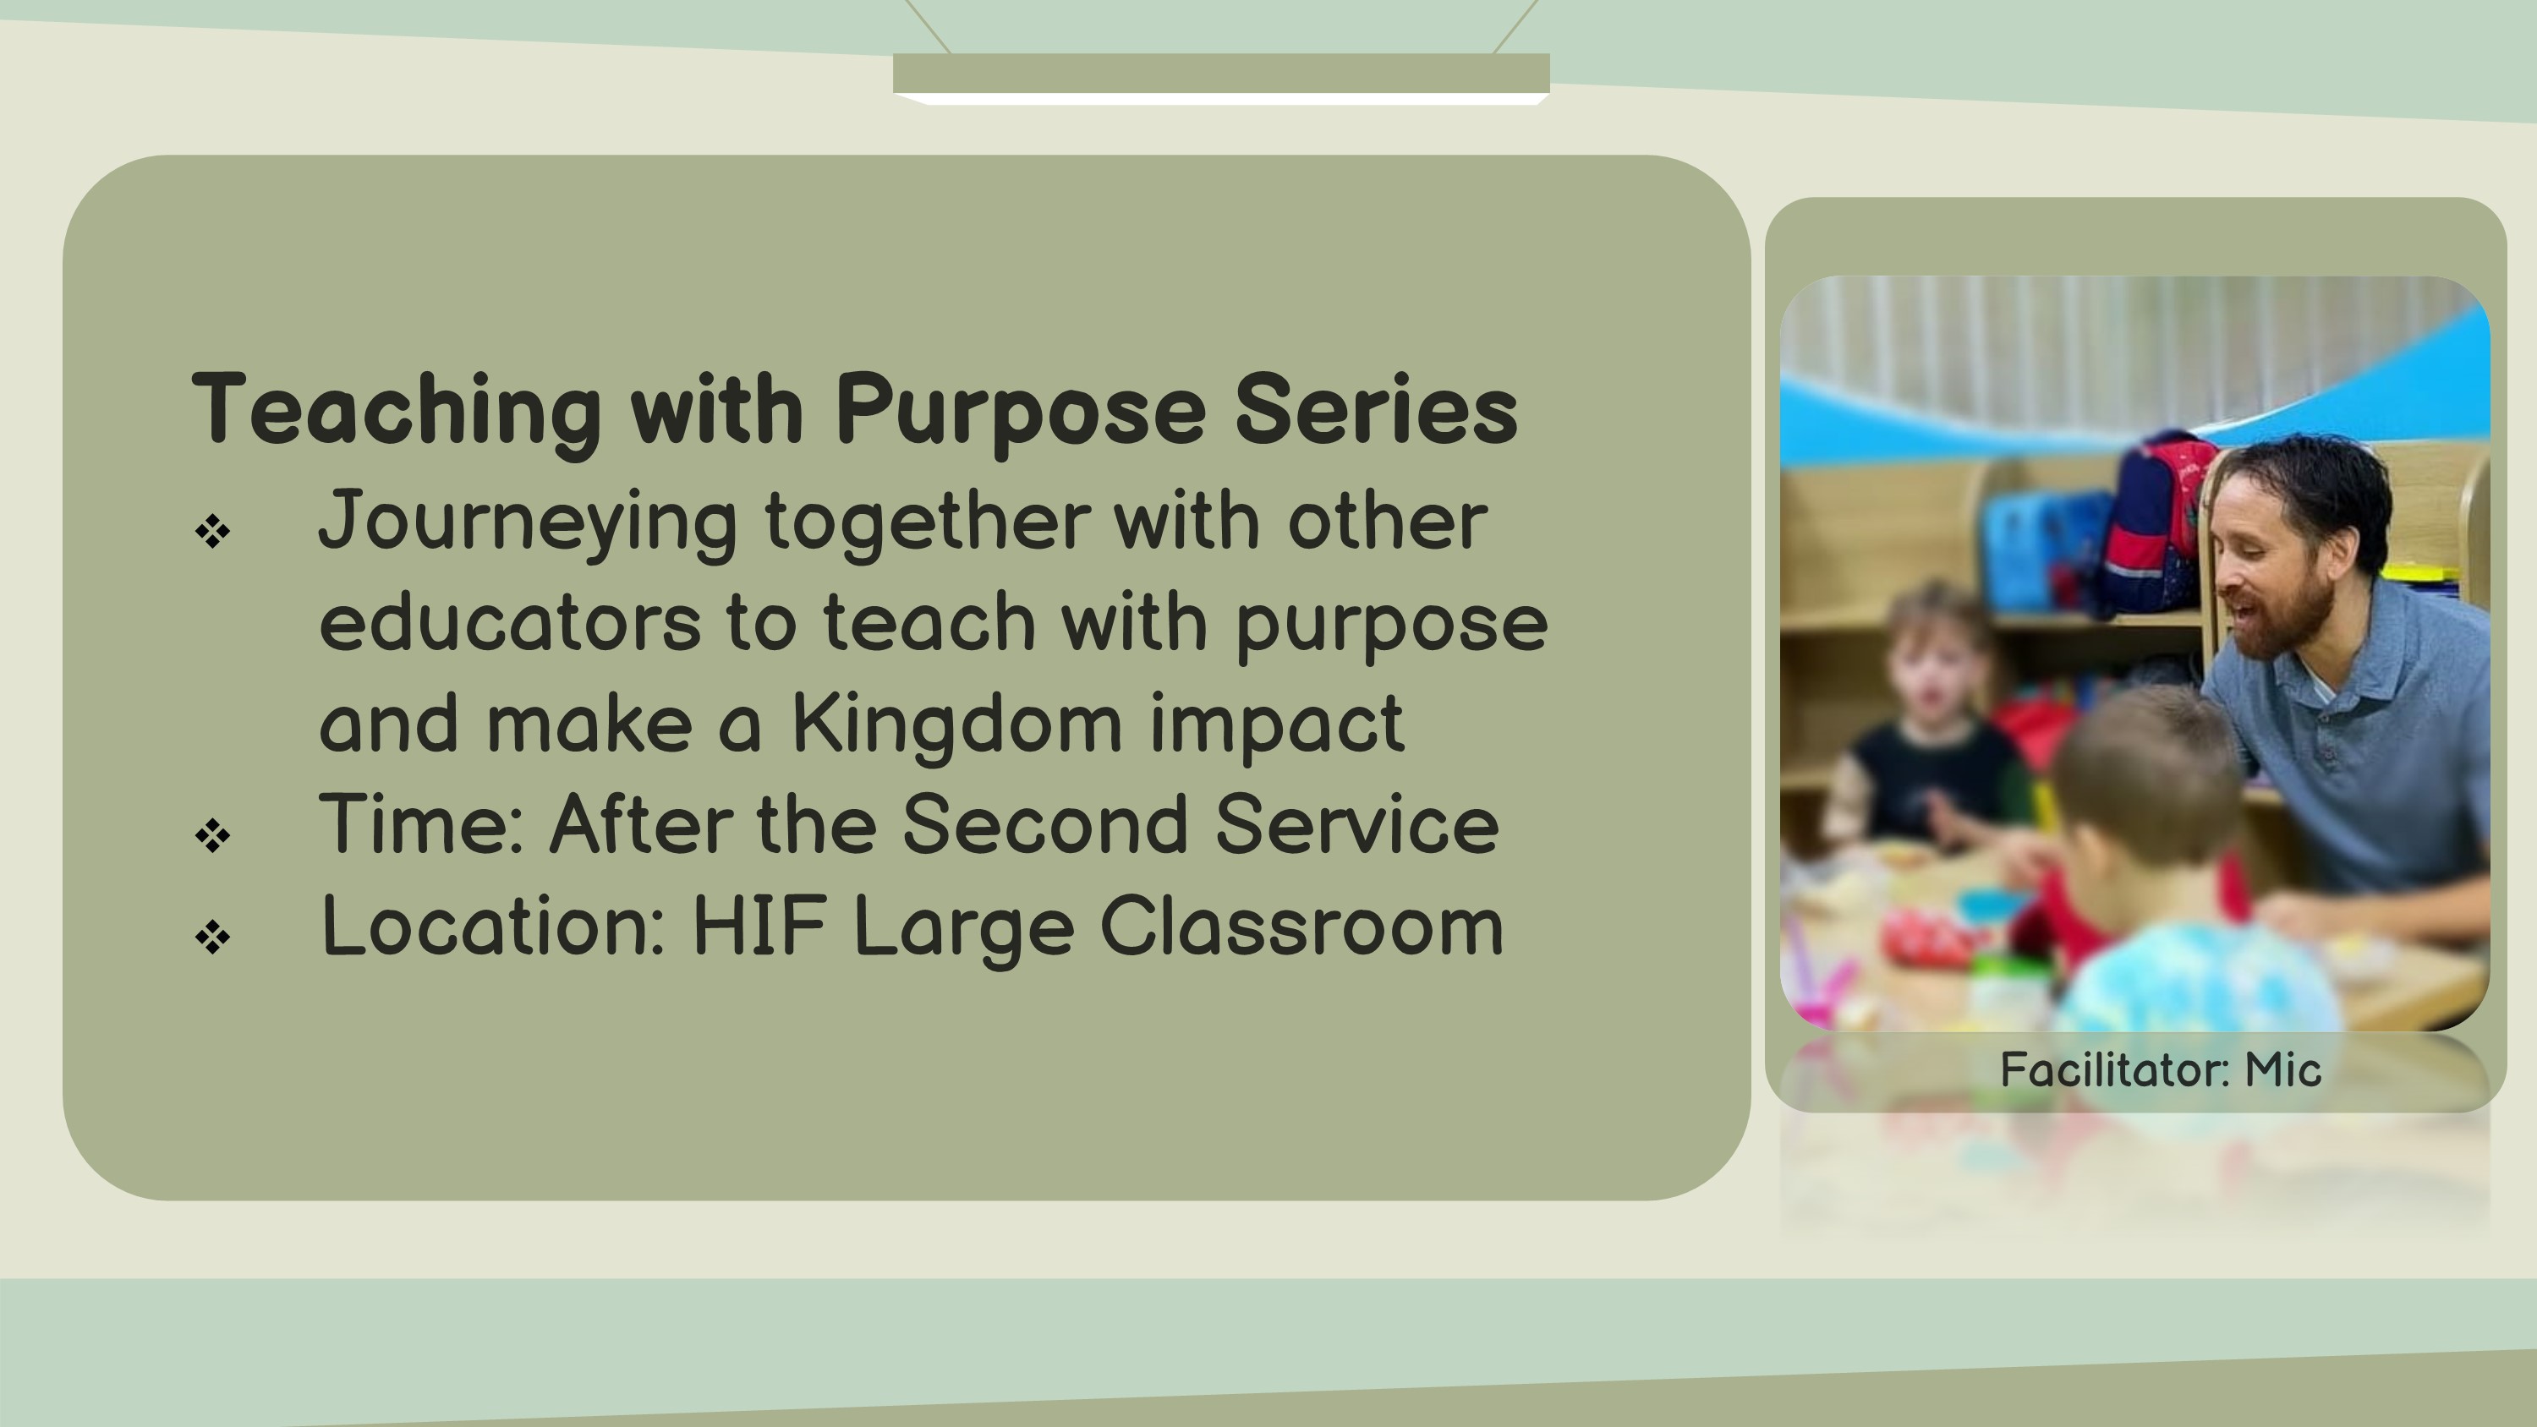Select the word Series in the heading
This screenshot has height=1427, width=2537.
[1376, 410]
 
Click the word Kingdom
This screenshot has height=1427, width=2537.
[956, 724]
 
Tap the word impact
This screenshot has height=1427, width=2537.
[1276, 724]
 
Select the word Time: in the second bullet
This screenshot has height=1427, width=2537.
[420, 824]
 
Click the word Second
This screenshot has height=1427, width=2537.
[1044, 824]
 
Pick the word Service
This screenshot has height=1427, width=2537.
[1356, 824]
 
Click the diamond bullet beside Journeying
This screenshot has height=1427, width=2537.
[213, 532]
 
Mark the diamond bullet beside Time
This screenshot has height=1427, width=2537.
[213, 836]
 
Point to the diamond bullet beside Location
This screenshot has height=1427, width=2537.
[213, 937]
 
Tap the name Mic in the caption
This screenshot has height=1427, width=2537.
[2283, 1069]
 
